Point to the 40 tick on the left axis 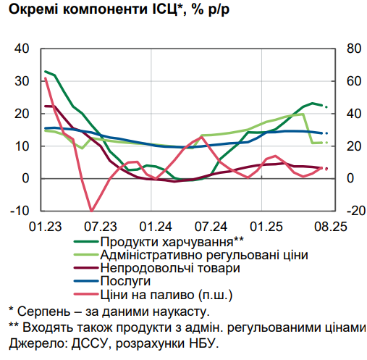pyautogui.click(x=21, y=49)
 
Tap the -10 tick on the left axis pyautogui.click(x=20, y=211)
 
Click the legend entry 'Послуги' pyautogui.click(x=126, y=281)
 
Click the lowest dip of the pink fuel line pyautogui.click(x=91, y=210)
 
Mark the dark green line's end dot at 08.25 pyautogui.click(x=326, y=107)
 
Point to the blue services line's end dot pyautogui.click(x=326, y=133)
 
